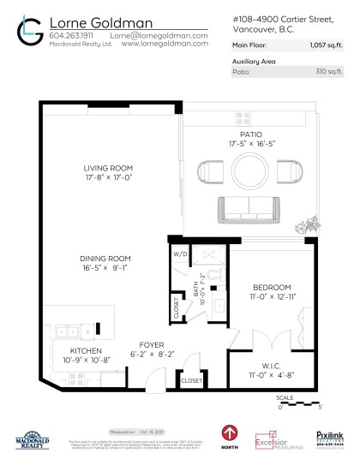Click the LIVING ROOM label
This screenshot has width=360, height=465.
tap(107, 168)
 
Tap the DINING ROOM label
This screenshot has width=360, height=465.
tap(105, 258)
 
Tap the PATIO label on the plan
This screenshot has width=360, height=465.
tap(251, 134)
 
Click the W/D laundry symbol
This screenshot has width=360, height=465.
tap(182, 254)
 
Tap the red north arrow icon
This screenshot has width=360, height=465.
tap(230, 433)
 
